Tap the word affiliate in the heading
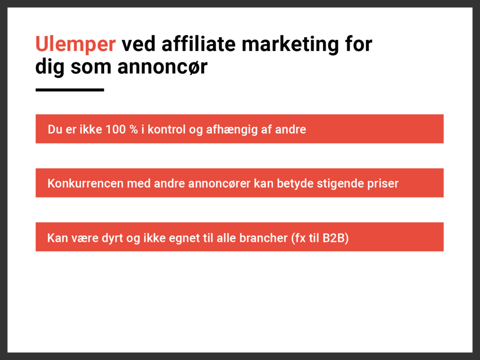pyautogui.click(x=199, y=44)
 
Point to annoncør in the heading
pyautogui.click(x=163, y=67)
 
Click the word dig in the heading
pyautogui.click(x=50, y=67)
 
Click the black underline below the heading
pyautogui.click(x=70, y=90)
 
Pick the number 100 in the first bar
pyautogui.click(x=116, y=129)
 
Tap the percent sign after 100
pyautogui.click(x=134, y=129)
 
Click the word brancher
pyautogui.click(x=263, y=238)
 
